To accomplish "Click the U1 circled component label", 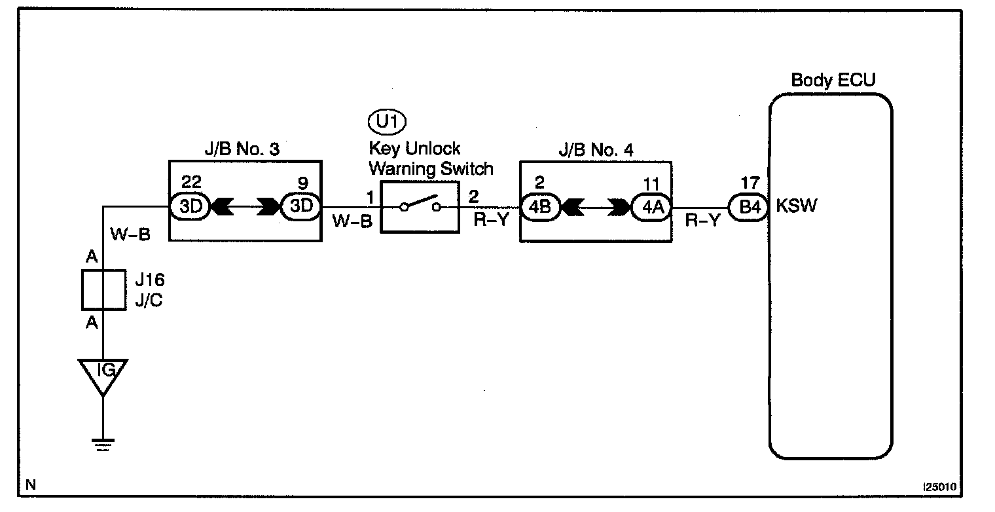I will pyautogui.click(x=388, y=122).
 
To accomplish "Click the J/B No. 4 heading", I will pyautogui.click(x=596, y=149).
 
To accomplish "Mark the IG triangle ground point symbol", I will pyautogui.click(x=103, y=375).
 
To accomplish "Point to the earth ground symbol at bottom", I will pyautogui.click(x=103, y=445).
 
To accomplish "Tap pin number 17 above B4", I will pyautogui.click(x=749, y=185).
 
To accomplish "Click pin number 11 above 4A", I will pyautogui.click(x=652, y=185).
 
